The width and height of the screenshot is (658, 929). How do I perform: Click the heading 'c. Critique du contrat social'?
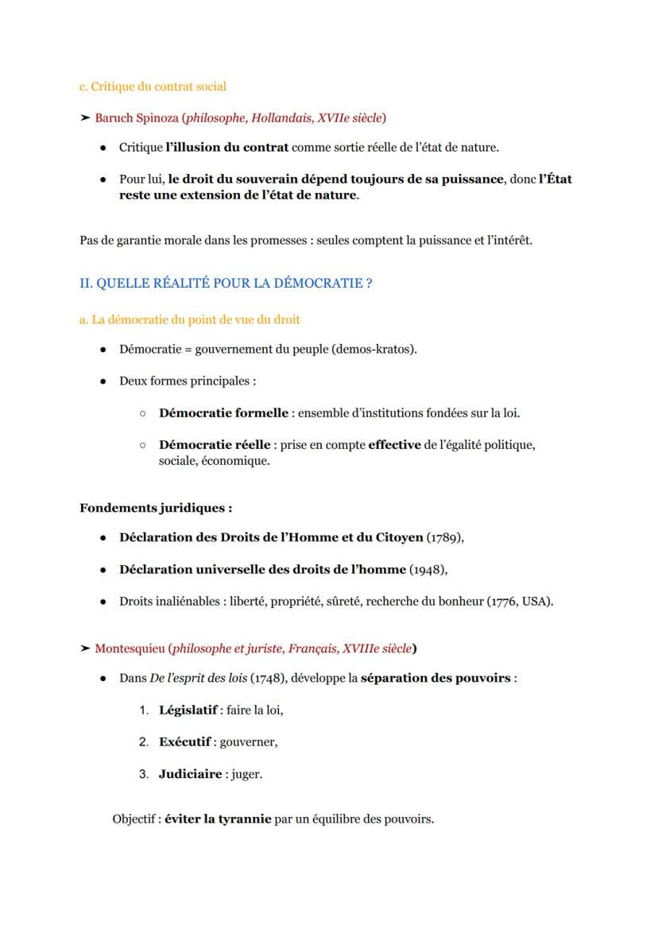153,86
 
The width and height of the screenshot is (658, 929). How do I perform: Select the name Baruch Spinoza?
136,118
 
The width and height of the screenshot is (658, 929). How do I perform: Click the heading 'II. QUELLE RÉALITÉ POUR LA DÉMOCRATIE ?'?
226,283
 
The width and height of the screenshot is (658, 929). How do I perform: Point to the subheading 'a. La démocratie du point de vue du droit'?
190,319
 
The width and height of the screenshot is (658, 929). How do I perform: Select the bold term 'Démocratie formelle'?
223,412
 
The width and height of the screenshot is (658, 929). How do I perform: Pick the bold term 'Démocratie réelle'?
215,444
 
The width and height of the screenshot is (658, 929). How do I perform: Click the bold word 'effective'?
394,444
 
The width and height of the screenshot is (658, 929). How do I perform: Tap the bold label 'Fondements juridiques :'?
156,508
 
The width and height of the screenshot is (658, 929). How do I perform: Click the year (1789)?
444,537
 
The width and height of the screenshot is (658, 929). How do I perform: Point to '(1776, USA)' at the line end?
520,601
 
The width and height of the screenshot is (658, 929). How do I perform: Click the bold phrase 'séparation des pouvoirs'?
435,678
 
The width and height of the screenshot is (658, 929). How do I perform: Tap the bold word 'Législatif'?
188,710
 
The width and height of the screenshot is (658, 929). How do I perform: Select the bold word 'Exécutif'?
184,741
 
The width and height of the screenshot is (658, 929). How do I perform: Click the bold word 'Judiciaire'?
190,773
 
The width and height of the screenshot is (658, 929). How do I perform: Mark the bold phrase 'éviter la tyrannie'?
218,819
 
